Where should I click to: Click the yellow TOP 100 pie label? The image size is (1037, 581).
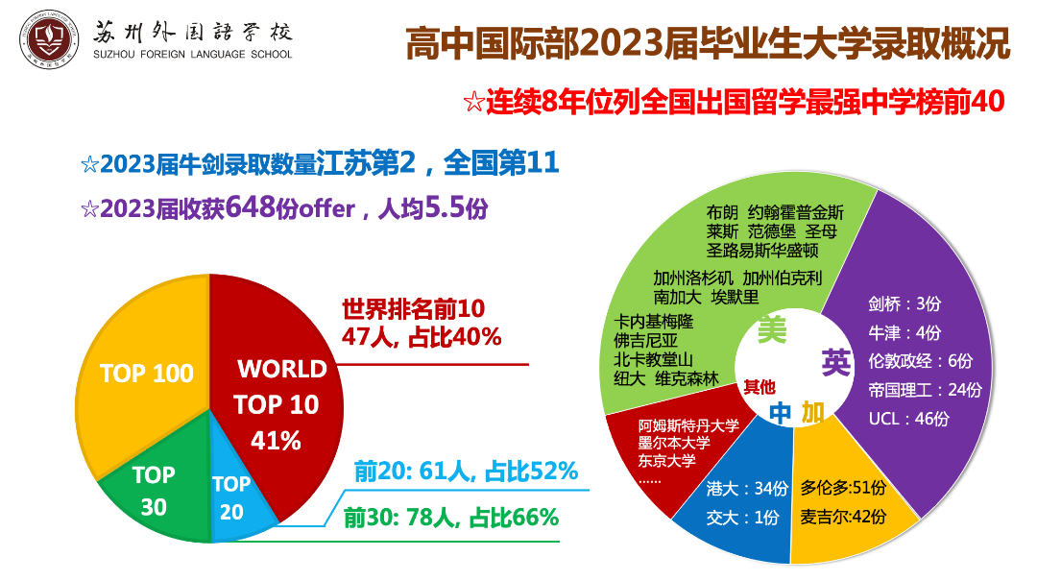[147, 374]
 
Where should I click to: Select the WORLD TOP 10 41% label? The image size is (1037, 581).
[281, 404]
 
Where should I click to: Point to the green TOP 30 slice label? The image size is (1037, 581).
[154, 490]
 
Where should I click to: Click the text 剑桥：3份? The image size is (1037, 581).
[904, 303]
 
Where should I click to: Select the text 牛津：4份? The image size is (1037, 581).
[904, 332]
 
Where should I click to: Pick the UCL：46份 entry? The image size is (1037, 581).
[908, 419]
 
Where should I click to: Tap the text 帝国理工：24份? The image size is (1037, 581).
[925, 390]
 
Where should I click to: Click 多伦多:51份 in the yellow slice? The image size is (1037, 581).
[844, 488]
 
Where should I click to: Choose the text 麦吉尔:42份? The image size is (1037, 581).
[844, 517]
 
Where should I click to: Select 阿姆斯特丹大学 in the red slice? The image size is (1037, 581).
[689, 425]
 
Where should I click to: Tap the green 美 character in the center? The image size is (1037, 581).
[772, 330]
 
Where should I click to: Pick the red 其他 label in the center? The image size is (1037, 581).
[759, 387]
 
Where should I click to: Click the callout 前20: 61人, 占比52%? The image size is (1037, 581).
[466, 472]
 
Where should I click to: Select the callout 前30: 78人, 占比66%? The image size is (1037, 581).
[450, 518]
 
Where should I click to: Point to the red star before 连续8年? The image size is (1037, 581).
[472, 102]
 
